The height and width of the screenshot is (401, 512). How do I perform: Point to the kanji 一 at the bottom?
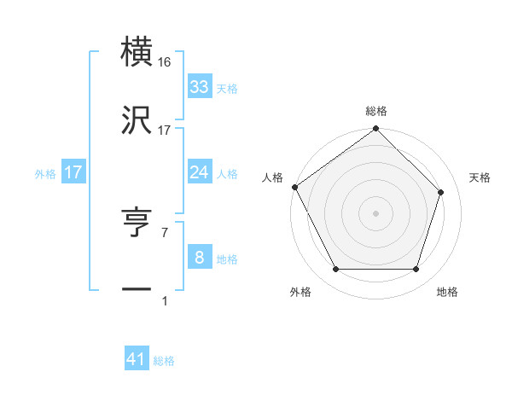(x=137, y=290)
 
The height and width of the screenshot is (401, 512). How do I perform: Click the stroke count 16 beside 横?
(x=165, y=62)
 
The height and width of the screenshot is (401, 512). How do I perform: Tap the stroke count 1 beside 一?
(x=164, y=300)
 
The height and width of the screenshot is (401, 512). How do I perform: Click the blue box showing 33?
(x=199, y=87)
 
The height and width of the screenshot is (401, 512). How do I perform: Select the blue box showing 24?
(x=199, y=172)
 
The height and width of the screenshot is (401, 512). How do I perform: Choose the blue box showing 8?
(x=199, y=258)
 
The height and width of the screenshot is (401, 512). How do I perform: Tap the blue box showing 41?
(x=137, y=359)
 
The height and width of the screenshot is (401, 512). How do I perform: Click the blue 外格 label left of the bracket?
(x=45, y=173)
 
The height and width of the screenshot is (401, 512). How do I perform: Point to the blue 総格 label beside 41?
(x=164, y=361)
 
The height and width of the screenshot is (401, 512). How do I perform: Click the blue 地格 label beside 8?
(x=227, y=259)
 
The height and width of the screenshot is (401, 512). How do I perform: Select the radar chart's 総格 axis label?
(x=376, y=111)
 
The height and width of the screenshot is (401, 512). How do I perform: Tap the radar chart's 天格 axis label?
(x=480, y=177)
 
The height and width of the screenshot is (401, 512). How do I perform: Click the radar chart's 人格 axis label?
(x=272, y=177)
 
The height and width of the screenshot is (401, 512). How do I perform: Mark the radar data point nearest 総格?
(x=376, y=130)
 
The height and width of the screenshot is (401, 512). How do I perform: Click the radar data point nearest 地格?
(x=416, y=270)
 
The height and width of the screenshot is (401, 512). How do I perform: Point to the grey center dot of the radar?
(x=376, y=213)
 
